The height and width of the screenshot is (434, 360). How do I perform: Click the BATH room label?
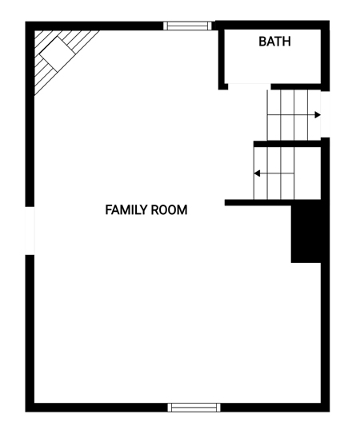coord(274,42)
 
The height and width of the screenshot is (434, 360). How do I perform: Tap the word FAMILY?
coord(126,209)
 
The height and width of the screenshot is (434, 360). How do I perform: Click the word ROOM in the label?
coord(170,209)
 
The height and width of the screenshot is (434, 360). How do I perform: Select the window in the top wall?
coord(188,26)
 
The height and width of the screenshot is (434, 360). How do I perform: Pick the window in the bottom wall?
coord(194,407)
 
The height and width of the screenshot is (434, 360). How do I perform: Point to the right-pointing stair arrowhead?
coord(318,115)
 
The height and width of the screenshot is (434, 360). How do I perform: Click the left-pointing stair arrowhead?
coord(257,173)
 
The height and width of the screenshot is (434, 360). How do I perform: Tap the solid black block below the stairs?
coord(306,231)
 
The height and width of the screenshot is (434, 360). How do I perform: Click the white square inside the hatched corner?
coord(58,54)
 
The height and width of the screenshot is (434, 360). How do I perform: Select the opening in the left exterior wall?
coord(30,230)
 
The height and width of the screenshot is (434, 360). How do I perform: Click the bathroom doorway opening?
coord(249,86)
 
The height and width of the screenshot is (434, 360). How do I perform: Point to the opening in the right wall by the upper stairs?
coord(325,114)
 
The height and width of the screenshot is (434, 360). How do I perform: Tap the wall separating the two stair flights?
coord(287,144)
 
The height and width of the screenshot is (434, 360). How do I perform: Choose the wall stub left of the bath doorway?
coord(223,86)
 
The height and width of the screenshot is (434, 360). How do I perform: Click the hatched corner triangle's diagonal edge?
coord(66,63)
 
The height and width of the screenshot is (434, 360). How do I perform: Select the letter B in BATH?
coord(262,42)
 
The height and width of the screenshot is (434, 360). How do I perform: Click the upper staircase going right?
coord(294,115)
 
